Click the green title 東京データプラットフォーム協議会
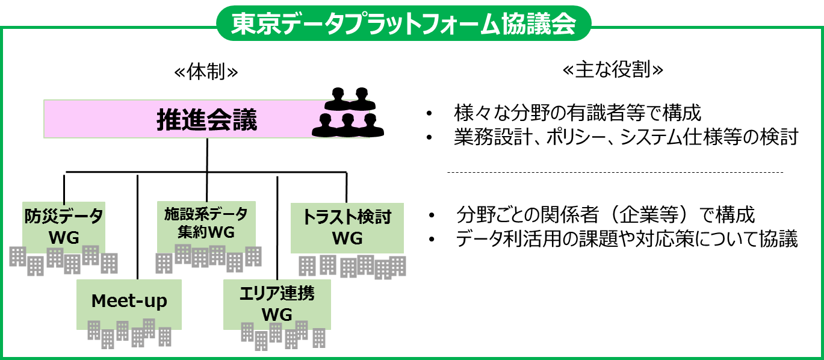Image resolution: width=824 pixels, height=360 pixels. pos(404,25)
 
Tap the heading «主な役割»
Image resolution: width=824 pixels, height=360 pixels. pos(612,71)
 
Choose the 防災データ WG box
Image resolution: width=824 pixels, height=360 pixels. pos(64,226)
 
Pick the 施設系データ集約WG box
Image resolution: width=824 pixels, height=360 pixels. pos(206,223)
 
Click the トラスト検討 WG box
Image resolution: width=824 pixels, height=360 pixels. pos(347,228)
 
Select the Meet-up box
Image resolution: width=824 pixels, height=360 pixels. pos(129,300)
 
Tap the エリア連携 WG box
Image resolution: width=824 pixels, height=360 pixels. pos(277,303)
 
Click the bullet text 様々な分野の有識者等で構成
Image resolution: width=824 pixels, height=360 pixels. pos(578,113)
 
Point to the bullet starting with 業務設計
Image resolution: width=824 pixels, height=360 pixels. pos(626,138)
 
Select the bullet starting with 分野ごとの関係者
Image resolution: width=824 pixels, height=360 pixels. pos(606,215)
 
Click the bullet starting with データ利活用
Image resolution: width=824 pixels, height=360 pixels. pos(627,240)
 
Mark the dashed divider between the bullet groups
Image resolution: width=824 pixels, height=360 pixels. pos(614,173)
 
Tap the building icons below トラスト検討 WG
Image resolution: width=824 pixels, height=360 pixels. pos(352,266)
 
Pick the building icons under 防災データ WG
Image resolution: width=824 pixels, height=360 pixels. pos(64,259)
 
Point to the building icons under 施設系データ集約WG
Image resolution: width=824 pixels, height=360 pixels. pos(208,258)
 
